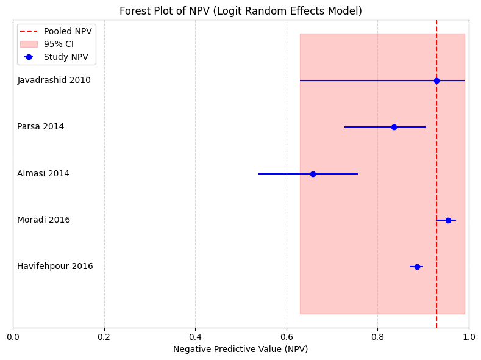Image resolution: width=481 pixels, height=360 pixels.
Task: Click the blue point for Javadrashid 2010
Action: (x=436, y=81)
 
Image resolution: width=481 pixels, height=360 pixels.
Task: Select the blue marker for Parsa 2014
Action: (x=394, y=127)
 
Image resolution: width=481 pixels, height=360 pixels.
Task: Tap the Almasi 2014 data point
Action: (x=313, y=174)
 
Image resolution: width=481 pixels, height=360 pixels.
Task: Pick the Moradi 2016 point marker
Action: (x=448, y=220)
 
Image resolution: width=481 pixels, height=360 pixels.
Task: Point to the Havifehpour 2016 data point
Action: (x=417, y=267)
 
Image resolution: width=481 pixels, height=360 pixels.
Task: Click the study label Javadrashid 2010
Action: (x=54, y=81)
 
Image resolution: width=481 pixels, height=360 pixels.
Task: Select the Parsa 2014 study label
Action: (x=40, y=127)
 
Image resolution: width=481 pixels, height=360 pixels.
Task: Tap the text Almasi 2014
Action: (x=43, y=174)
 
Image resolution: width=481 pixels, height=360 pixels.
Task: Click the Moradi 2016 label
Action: (x=43, y=220)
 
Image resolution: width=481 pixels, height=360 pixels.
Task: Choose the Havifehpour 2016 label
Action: (x=55, y=267)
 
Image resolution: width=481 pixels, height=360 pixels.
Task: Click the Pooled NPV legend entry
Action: (x=68, y=31)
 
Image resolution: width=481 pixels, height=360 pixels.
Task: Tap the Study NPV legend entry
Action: (x=66, y=57)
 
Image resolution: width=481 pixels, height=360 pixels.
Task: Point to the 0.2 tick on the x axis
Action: (x=104, y=336)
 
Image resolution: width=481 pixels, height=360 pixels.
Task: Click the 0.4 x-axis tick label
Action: (x=195, y=336)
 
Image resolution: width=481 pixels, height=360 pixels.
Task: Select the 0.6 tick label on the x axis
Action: (x=287, y=336)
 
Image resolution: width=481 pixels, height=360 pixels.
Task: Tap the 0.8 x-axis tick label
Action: (x=377, y=336)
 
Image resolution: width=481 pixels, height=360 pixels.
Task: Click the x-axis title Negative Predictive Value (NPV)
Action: (x=241, y=350)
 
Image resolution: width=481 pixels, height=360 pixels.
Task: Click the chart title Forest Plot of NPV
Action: (x=241, y=11)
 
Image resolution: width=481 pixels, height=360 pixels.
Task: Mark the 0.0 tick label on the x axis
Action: (x=13, y=336)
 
